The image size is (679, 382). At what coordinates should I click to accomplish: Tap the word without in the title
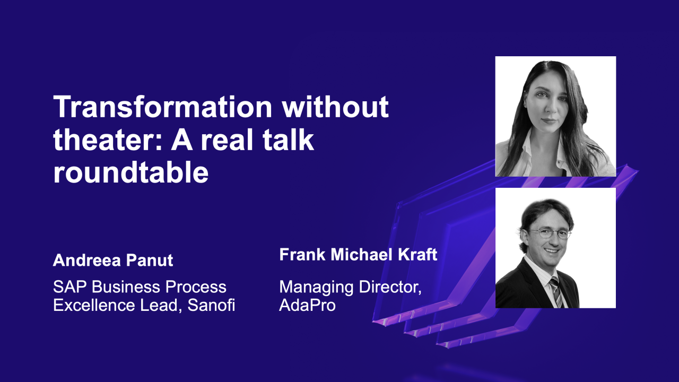point(335,107)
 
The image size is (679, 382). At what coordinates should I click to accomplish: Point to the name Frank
point(300,255)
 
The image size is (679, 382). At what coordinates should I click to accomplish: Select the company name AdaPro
point(307,306)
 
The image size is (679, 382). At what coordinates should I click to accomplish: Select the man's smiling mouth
point(552,251)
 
